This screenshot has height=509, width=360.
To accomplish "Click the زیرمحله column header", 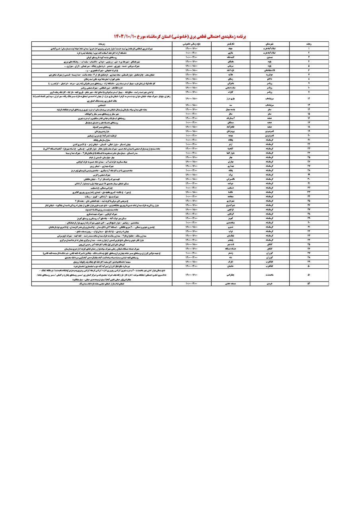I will tap(101, 43).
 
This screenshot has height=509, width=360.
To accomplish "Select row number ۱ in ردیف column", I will tap(309, 48).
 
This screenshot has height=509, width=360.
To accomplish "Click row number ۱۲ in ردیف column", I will tap(309, 98).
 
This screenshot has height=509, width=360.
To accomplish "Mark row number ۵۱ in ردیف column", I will tap(309, 274).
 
